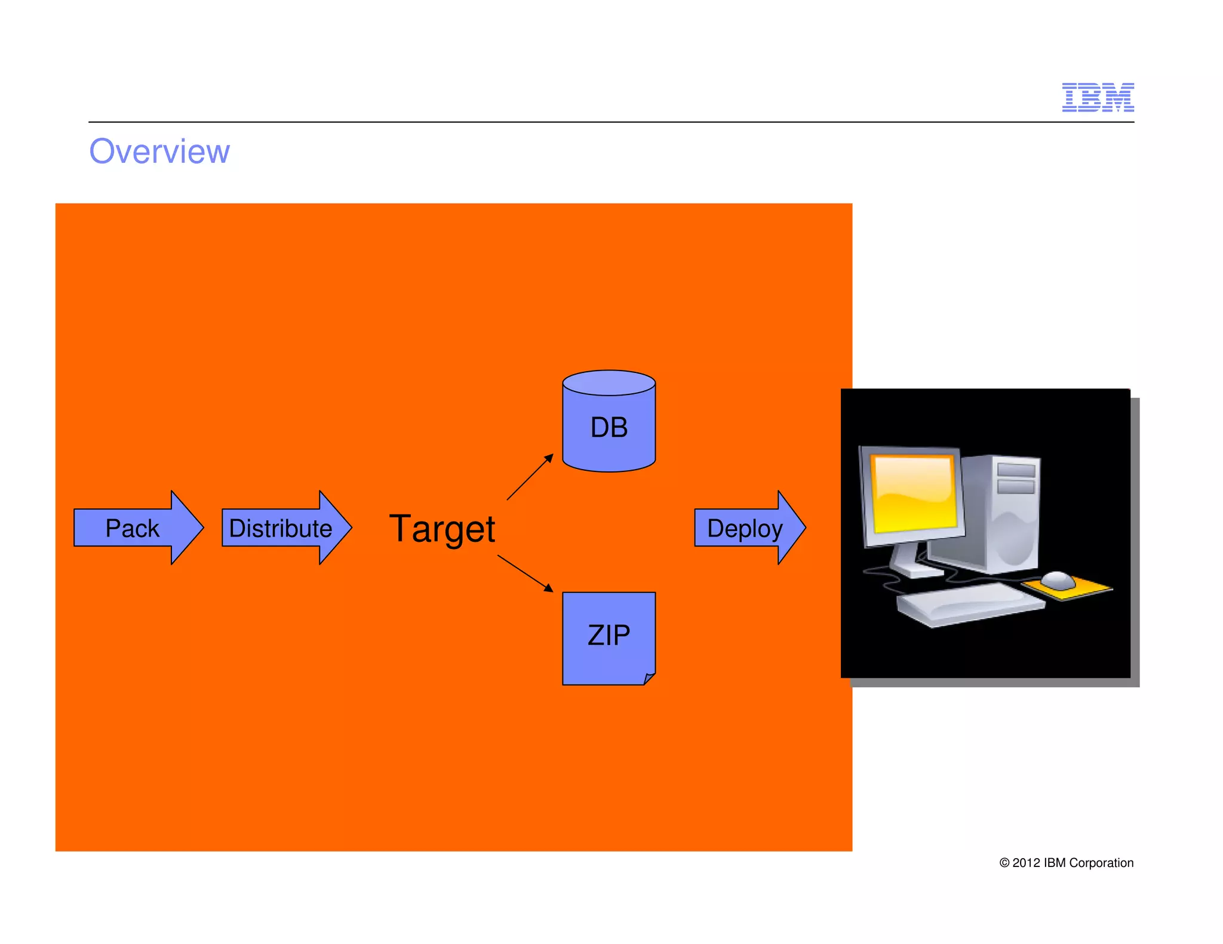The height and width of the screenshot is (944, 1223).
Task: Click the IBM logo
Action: [1097, 97]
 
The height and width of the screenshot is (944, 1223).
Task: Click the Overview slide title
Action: [159, 152]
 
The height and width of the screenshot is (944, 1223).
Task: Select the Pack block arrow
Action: [137, 528]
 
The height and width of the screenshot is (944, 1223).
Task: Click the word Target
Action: [442, 529]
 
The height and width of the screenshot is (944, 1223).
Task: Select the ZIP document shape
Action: [608, 635]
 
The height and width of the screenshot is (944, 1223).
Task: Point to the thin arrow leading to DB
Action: [530, 477]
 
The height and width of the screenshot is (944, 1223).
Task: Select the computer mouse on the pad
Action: [1058, 579]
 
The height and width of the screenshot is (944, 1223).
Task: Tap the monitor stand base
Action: [917, 570]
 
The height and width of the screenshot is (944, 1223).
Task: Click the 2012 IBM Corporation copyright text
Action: [1066, 863]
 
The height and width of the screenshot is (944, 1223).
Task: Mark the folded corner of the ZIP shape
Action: [650, 678]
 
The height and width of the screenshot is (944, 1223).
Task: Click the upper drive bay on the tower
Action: [1016, 470]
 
